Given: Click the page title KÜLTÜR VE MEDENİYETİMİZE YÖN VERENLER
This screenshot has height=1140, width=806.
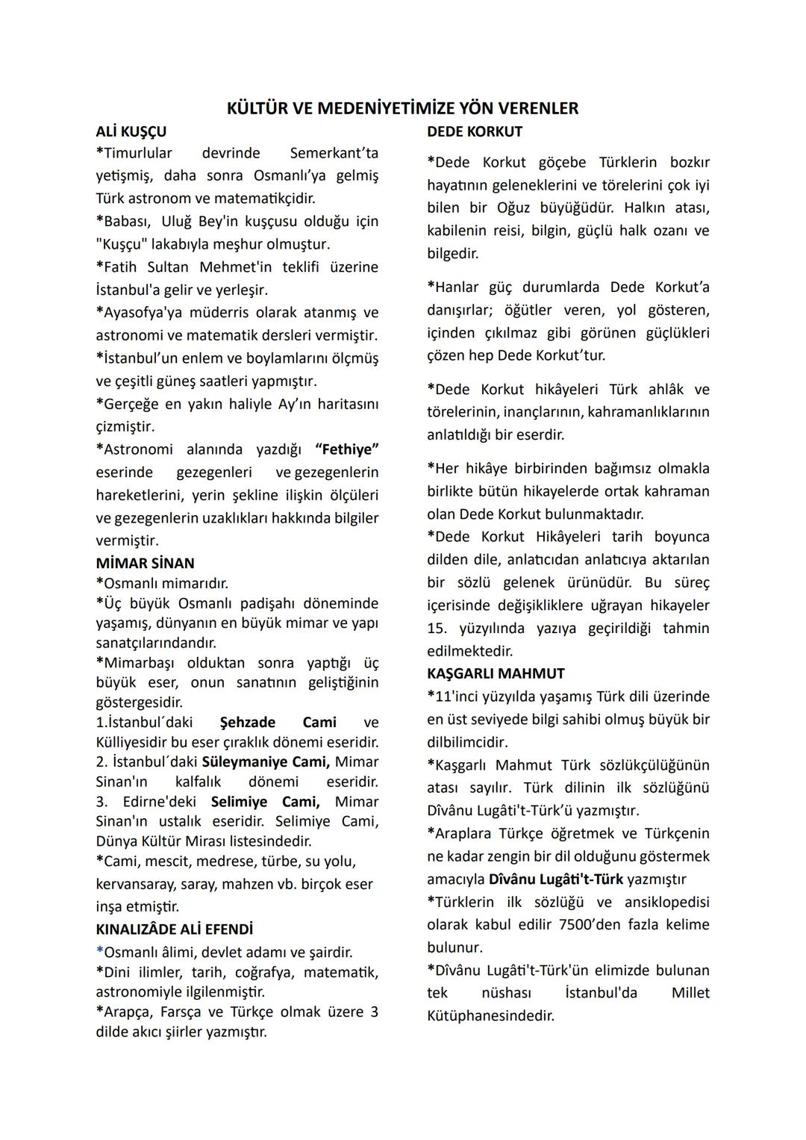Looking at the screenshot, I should point(402,108).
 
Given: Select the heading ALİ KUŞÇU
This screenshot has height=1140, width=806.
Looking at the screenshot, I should point(131,131).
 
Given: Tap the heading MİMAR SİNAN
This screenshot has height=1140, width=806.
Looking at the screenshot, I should point(145,563).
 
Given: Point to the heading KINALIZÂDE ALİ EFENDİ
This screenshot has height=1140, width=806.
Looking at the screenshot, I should point(174,929).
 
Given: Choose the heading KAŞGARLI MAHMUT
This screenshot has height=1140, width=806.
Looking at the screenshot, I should point(496,673).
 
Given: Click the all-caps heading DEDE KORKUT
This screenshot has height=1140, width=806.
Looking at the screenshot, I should point(475,131).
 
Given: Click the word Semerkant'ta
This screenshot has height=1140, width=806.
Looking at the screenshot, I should point(334,153).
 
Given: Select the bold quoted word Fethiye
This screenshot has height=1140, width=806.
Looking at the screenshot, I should point(347,449).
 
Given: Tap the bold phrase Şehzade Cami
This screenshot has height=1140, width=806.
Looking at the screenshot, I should point(278,723).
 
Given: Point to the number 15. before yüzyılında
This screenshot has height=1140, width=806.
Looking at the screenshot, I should point(439,629).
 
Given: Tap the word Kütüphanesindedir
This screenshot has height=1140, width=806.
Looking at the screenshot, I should point(490,1015).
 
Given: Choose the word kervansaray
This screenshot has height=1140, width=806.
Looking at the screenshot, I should point(136,885).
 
